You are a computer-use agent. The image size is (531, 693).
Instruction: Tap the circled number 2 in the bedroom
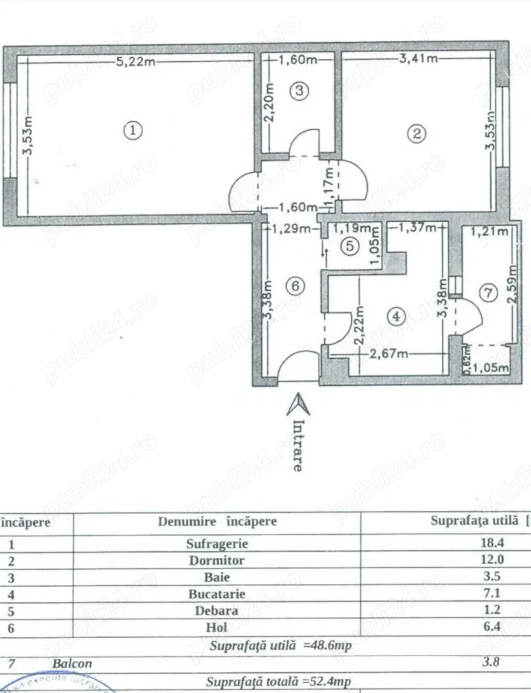[416, 133]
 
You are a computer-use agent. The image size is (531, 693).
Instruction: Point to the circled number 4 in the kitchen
[396, 316]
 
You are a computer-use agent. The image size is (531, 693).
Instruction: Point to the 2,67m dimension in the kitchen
[389, 354]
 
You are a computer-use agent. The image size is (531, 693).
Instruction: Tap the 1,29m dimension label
[291, 230]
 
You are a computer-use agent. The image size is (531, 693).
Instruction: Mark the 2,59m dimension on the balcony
[512, 283]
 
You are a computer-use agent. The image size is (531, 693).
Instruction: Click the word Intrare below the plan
[299, 445]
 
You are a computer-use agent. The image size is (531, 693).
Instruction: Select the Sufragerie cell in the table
[217, 543]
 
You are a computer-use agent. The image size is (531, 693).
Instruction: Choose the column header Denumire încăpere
[217, 521]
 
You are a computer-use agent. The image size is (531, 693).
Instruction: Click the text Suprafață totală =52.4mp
[279, 682]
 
